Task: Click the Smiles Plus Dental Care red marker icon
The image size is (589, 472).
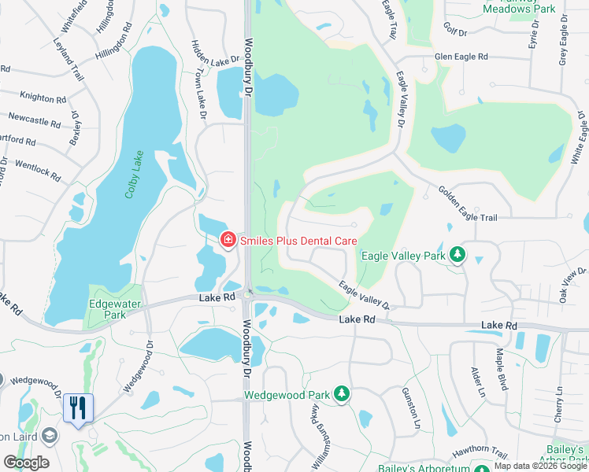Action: click(x=228, y=239)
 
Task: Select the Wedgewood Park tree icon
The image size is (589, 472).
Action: click(x=341, y=393)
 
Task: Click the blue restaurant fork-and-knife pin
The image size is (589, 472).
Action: click(x=77, y=407)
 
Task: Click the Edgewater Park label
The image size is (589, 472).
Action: click(x=108, y=308)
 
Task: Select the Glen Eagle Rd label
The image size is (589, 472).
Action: click(x=461, y=57)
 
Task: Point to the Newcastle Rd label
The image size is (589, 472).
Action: click(x=34, y=120)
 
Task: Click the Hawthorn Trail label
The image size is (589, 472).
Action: click(x=479, y=452)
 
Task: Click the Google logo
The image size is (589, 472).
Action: click(x=26, y=463)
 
